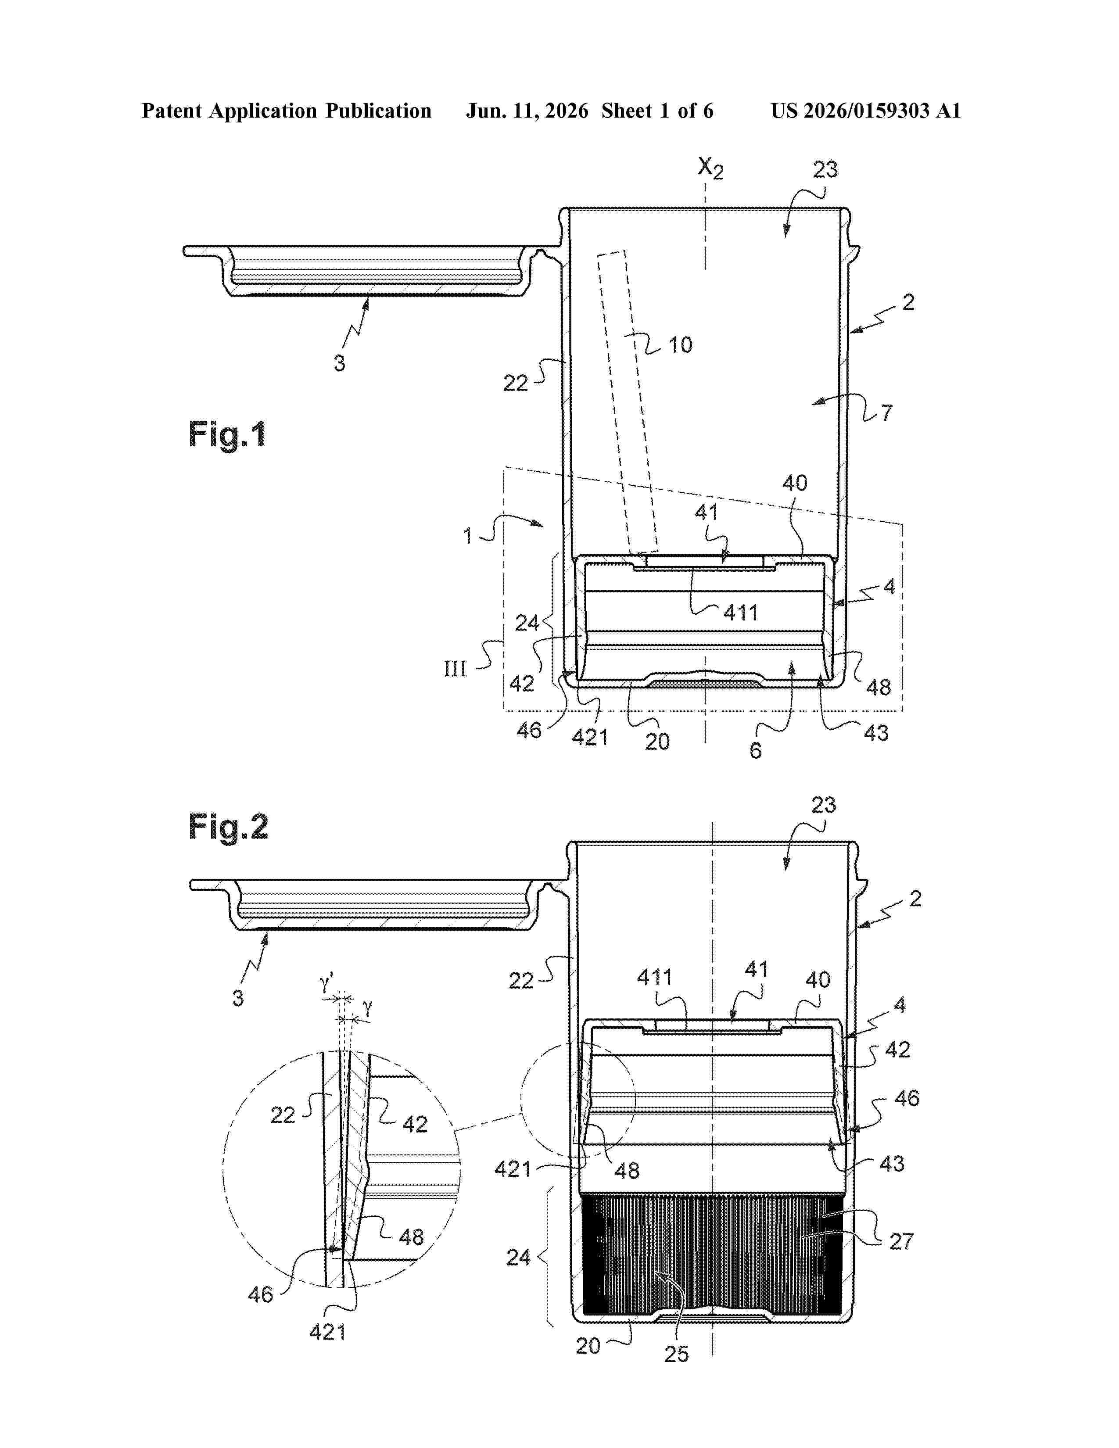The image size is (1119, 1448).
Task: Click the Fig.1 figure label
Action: click(227, 435)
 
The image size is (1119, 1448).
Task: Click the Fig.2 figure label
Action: click(228, 827)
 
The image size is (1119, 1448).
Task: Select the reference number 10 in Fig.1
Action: click(680, 345)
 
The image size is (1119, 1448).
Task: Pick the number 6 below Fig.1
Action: click(756, 750)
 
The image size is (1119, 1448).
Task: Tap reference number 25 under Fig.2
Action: click(677, 1354)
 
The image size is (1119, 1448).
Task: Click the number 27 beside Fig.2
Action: click(902, 1241)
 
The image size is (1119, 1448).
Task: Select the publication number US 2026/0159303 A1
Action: click(866, 111)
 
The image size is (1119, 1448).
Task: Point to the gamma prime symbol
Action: click(327, 983)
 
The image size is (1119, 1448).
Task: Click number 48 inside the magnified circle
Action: click(411, 1237)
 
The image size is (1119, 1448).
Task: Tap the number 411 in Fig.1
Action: click(740, 613)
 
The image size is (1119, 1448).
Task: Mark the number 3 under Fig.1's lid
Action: click(339, 363)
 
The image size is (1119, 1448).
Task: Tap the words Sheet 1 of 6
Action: click(658, 111)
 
